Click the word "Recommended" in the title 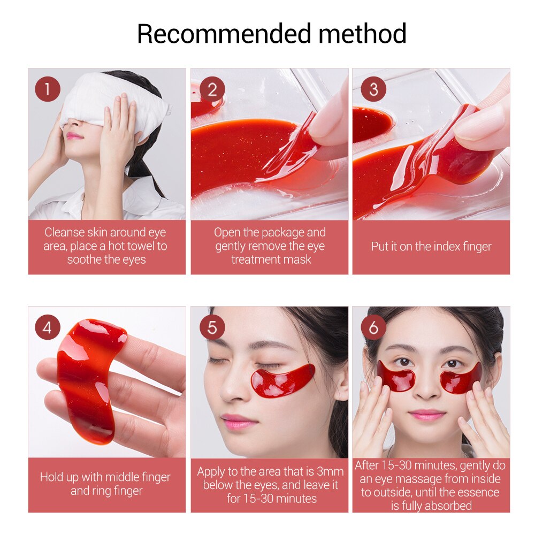tap(224, 34)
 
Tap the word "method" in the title tap(362, 34)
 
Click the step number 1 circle tap(48, 89)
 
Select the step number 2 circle tap(212, 89)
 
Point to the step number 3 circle tap(373, 89)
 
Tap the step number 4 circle tap(48, 327)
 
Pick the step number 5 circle tap(212, 327)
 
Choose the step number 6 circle tap(373, 327)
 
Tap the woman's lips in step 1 tap(75, 136)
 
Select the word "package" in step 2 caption tap(282, 233)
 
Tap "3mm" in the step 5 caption tap(330, 471)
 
